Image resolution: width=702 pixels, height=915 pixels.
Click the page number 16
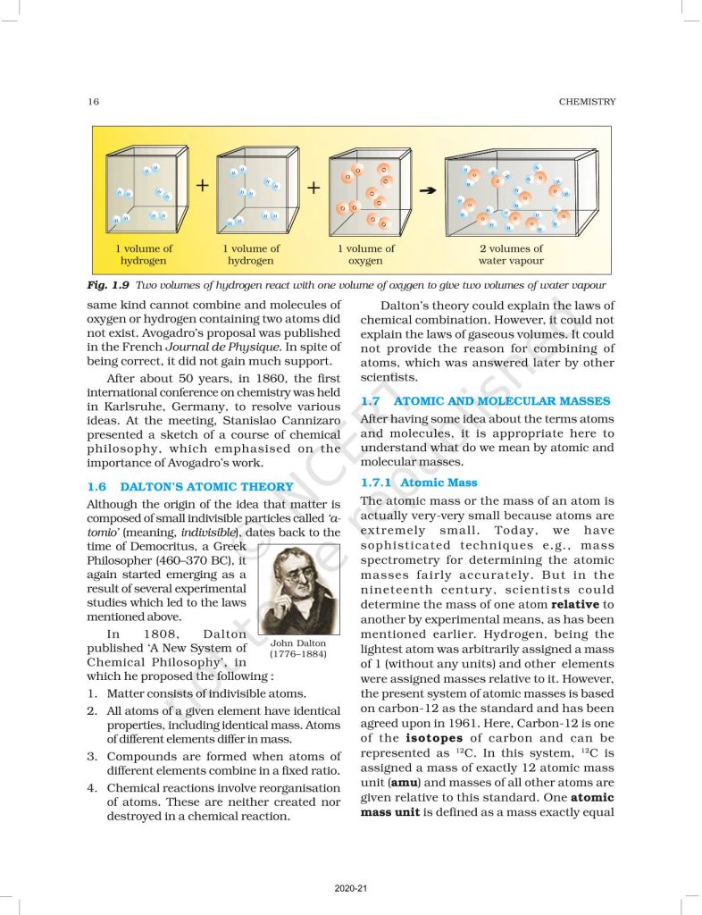(94, 102)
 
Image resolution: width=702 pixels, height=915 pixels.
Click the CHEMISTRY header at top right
(587, 102)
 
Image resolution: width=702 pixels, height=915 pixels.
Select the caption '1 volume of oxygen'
(365, 255)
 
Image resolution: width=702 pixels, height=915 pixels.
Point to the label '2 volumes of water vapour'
(510, 255)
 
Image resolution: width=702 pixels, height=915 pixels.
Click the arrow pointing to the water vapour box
(428, 189)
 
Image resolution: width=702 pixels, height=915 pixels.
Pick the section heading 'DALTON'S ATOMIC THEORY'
(207, 487)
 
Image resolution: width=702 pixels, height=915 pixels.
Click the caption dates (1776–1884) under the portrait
(298, 654)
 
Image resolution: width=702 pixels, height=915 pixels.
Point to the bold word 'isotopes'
(433, 738)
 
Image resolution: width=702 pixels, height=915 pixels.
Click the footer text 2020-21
(350, 889)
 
